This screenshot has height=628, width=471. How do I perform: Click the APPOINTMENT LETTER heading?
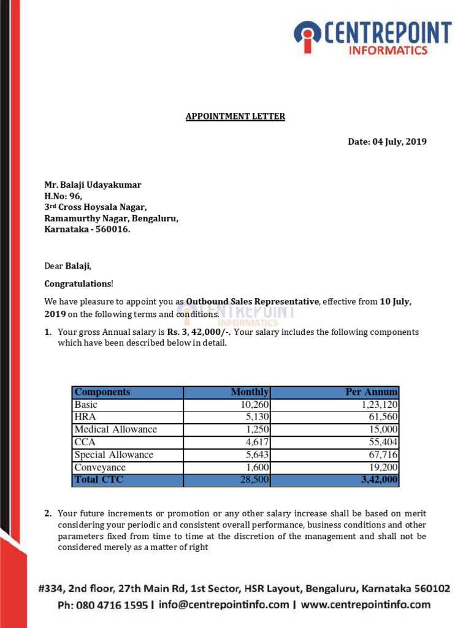tap(235, 117)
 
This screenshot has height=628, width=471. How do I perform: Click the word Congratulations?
tap(78, 284)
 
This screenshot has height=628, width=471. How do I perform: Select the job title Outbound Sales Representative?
tap(253, 302)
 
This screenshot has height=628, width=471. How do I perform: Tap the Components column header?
tap(102, 392)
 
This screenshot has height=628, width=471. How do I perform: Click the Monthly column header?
tap(250, 392)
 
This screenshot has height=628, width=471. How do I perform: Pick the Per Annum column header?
tap(372, 392)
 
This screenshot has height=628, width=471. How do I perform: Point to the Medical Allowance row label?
tap(115, 429)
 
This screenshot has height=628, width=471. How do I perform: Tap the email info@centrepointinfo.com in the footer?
tap(224, 605)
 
